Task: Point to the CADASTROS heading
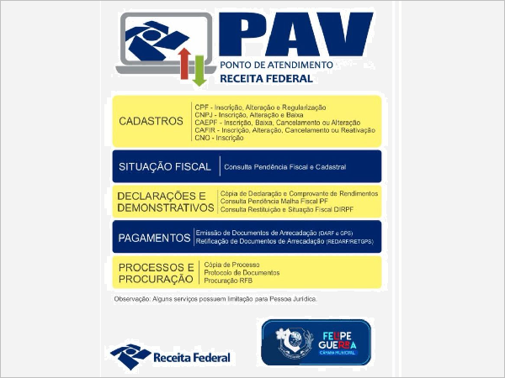click(151, 121)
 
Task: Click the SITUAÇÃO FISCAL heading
click(164, 167)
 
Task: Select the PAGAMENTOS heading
click(154, 238)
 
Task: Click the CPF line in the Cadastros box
click(259, 108)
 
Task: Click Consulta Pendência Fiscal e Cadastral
click(284, 167)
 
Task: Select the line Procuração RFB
click(228, 281)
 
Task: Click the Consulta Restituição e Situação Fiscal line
click(280, 209)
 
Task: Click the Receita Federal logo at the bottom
click(170, 353)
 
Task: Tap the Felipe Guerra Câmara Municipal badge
click(316, 341)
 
